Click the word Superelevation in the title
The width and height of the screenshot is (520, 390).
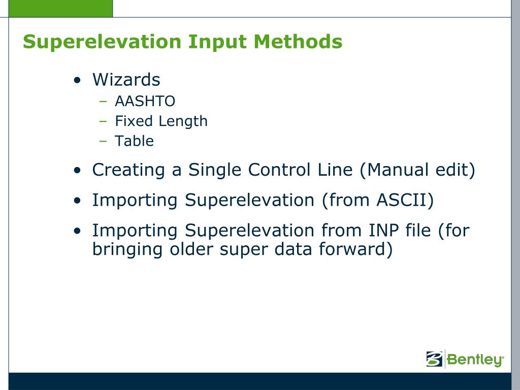[102, 42]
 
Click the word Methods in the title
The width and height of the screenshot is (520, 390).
[298, 41]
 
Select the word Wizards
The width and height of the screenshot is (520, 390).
[126, 80]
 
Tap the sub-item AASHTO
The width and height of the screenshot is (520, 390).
[145, 101]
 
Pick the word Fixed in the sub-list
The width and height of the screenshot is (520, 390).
[134, 121]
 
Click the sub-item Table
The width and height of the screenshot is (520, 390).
[134, 141]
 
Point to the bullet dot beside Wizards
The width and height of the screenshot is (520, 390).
[77, 80]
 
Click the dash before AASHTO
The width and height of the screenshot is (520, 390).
[103, 101]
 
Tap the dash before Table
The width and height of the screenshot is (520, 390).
[103, 141]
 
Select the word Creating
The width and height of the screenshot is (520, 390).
[128, 171]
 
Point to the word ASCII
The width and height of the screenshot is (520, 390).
[405, 200]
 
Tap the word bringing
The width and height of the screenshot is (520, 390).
[127, 250]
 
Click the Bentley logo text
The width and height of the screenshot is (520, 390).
[475, 360]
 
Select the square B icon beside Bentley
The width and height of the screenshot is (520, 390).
[435, 359]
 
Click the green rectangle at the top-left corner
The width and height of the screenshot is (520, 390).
[60, 8]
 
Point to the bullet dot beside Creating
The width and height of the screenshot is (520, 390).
[77, 171]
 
